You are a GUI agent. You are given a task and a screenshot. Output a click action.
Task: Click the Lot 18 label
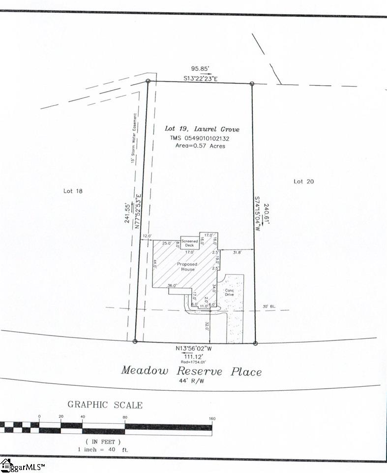point(73,191)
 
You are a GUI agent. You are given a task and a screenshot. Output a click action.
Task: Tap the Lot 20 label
point(303,181)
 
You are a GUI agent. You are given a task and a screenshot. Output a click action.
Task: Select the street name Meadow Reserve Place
point(191,371)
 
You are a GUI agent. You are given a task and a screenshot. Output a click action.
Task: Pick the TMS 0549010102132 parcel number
point(197,138)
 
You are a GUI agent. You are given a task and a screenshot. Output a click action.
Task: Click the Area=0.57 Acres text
point(197,146)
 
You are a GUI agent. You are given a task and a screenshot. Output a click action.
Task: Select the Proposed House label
point(187,267)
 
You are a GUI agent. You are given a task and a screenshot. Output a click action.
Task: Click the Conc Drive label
point(230,293)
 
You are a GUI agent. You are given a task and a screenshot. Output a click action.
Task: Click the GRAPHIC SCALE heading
point(105,405)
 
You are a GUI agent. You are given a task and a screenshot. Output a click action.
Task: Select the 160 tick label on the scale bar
point(212,419)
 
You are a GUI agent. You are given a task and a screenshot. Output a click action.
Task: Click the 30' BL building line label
point(269,307)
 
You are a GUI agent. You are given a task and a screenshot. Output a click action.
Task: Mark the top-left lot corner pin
point(148,81)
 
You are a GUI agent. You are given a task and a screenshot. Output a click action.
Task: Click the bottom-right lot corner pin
point(255,343)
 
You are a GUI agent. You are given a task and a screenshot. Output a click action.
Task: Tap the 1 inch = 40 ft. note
point(103,449)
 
